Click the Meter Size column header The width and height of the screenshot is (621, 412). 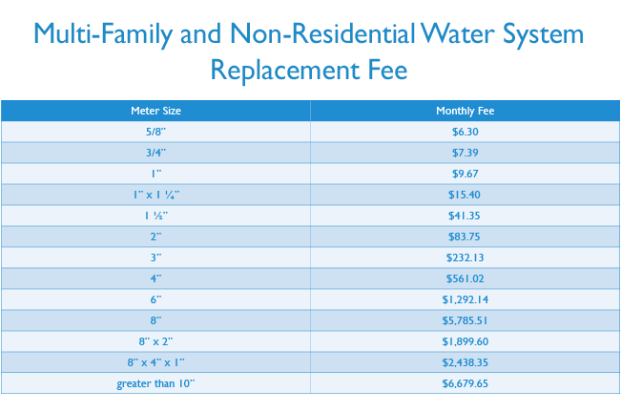pos(155,111)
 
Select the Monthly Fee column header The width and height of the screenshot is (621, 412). pos(465,111)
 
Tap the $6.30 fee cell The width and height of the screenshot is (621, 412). pos(465,132)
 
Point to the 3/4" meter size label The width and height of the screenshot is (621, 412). pos(155,153)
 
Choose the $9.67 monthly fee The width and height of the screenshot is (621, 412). pos(465,174)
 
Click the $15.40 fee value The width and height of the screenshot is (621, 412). pos(465,195)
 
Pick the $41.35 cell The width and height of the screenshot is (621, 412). pos(465,216)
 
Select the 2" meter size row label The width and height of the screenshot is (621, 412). pos(155,237)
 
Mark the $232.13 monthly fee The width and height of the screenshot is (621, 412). pos(465,257)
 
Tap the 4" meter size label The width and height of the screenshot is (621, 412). pos(155,278)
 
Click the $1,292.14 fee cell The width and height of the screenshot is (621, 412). pos(465,299)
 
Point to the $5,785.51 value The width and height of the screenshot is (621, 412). pos(465,320)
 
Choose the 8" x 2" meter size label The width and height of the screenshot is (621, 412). pos(155,341)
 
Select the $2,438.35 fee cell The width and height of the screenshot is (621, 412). pos(465,362)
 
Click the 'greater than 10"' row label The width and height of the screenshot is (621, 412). pos(155,383)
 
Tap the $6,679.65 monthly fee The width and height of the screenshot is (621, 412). pos(465,383)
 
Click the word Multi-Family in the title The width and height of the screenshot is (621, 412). pos(105,35)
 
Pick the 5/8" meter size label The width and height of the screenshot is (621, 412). pos(155,132)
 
